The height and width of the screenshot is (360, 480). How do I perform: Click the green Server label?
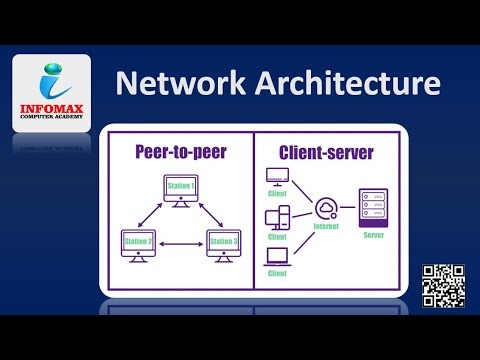pos(373,237)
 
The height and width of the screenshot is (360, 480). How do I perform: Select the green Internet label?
pos(327,227)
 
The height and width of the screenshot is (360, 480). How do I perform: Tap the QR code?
pos(444,286)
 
